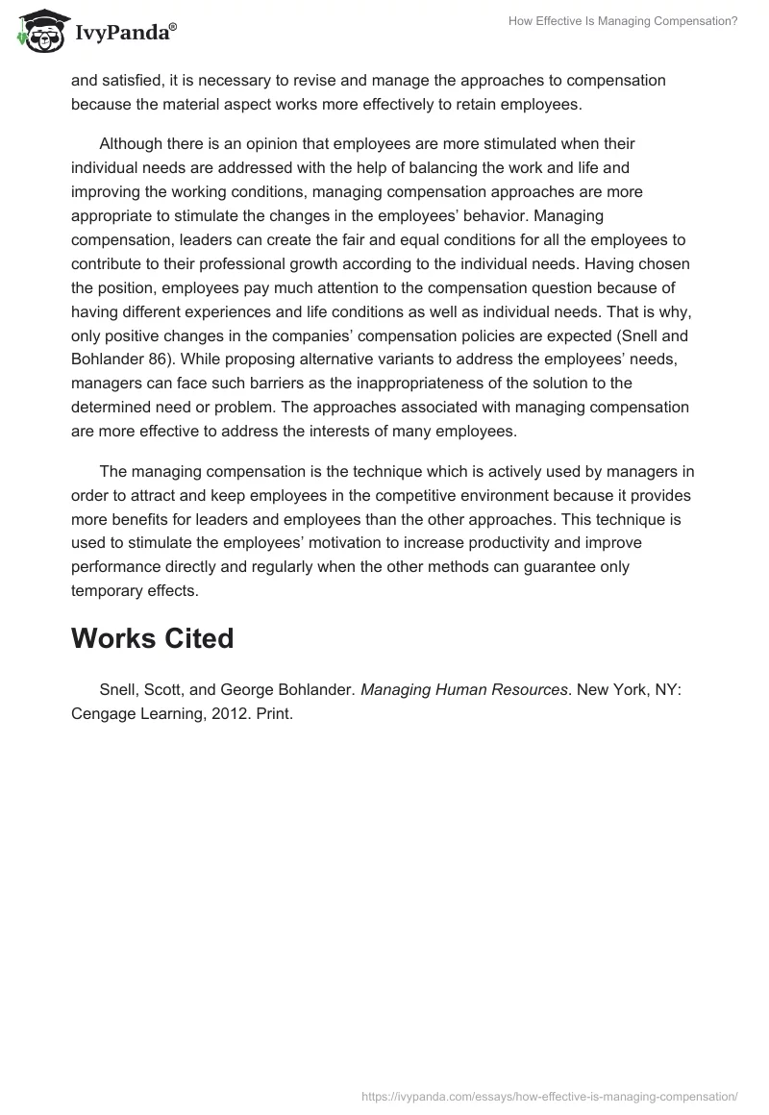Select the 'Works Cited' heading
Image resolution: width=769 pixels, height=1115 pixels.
coord(152,638)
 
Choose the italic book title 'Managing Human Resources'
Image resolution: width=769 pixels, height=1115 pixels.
coord(463,689)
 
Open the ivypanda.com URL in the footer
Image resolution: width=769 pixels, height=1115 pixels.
coord(550,1095)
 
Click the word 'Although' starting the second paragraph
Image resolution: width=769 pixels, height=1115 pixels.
coord(132,144)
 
